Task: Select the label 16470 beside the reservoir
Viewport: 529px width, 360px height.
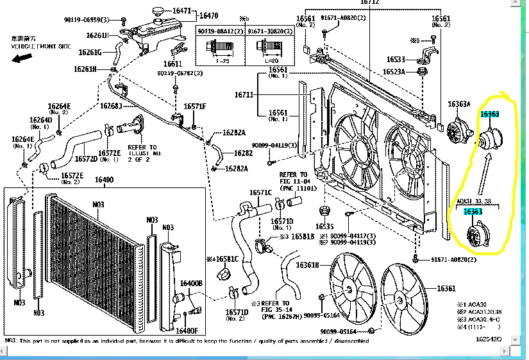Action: (x=208, y=15)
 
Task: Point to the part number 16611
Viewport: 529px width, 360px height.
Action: (x=172, y=64)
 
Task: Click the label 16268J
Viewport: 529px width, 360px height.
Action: (x=110, y=105)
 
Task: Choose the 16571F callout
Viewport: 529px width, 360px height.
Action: (x=195, y=107)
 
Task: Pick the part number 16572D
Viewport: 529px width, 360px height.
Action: (x=86, y=159)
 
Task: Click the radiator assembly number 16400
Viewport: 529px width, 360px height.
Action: (x=103, y=180)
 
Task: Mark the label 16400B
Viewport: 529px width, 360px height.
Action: (x=191, y=283)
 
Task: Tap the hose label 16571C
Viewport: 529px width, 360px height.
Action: (x=261, y=192)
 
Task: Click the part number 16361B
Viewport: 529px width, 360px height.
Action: (x=308, y=264)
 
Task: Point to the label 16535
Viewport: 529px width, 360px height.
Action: (x=324, y=226)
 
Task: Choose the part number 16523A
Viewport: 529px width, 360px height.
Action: (x=394, y=71)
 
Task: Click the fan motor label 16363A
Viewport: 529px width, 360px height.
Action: (x=459, y=104)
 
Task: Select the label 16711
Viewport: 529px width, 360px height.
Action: (x=244, y=94)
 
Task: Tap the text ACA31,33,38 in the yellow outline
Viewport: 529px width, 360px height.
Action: (x=475, y=201)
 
